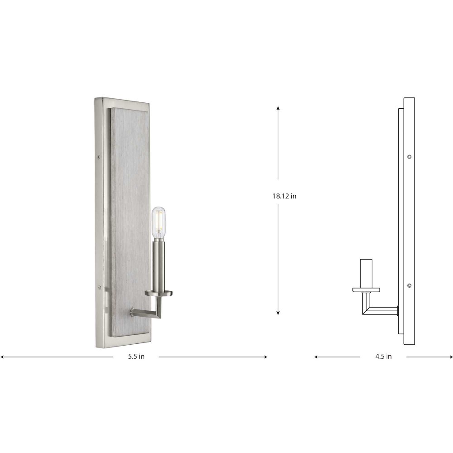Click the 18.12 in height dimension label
[284, 196]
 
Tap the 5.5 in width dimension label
[136, 357]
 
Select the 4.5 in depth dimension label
[383, 357]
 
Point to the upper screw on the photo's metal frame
[99, 158]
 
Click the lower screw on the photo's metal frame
[99, 288]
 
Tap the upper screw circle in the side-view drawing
[409, 157]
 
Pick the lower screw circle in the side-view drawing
[409, 286]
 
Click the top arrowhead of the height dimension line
[278, 108]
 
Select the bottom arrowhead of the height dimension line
[278, 313]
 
